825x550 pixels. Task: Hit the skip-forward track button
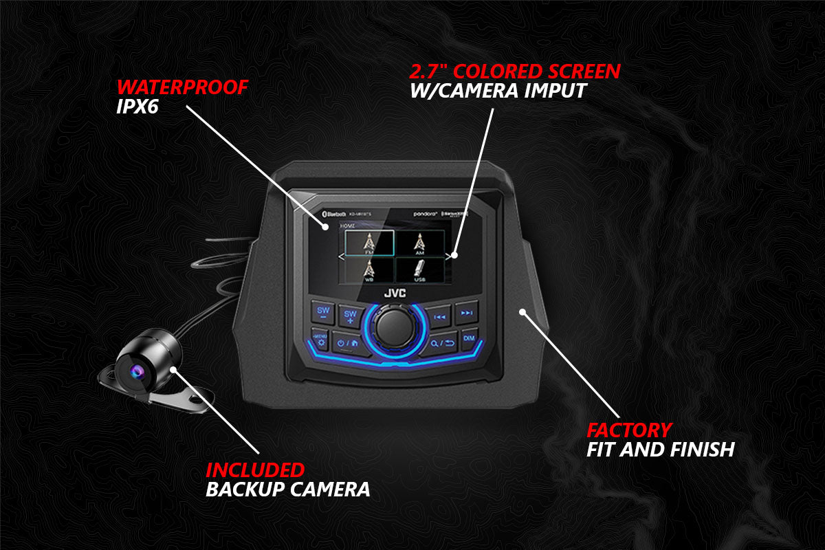point(467,313)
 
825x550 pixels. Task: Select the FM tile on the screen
point(369,243)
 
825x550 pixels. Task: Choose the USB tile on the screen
point(419,269)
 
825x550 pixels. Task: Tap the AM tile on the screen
point(419,243)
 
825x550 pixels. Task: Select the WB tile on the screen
point(369,269)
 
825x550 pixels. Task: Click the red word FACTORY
point(628,430)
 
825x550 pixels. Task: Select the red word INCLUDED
point(255,470)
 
